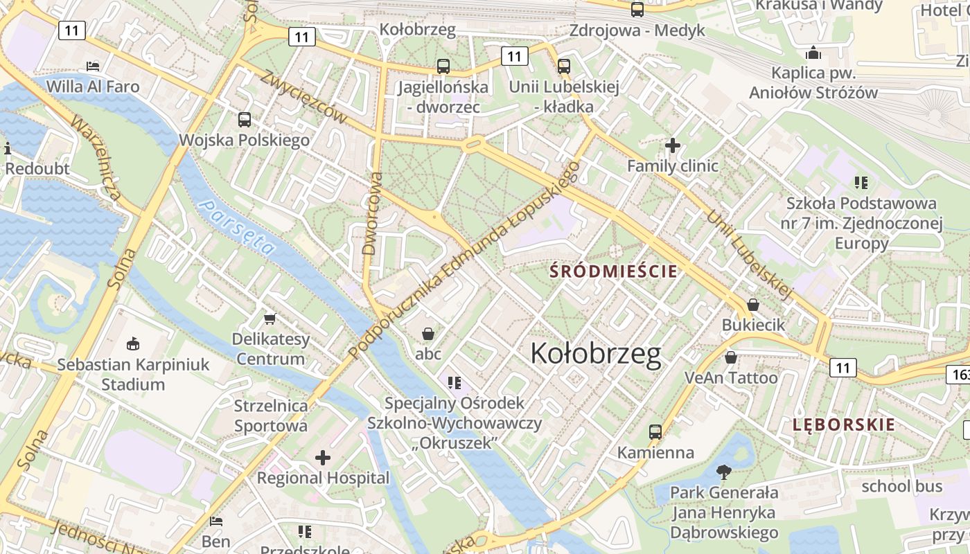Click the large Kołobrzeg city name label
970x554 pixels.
[596, 354]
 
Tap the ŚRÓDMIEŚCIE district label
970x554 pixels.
[613, 271]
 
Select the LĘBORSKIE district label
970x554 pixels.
[844, 425]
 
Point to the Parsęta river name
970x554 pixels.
[236, 226]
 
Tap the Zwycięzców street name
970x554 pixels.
[303, 97]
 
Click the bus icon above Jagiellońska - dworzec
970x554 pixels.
[443, 66]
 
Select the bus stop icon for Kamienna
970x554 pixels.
[655, 432]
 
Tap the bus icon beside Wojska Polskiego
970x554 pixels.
[245, 119]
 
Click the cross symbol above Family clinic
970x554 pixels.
[672, 145]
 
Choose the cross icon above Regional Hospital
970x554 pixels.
[323, 458]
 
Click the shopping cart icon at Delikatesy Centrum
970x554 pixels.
[270, 319]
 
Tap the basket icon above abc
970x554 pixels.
[428, 334]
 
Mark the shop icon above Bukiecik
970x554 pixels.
[753, 305]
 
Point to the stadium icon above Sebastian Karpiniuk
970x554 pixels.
[132, 343]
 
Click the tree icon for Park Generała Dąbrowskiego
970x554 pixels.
[724, 472]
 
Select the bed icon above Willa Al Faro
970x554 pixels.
[93, 66]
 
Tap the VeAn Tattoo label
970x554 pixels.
[731, 378]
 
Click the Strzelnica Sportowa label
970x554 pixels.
[271, 415]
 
